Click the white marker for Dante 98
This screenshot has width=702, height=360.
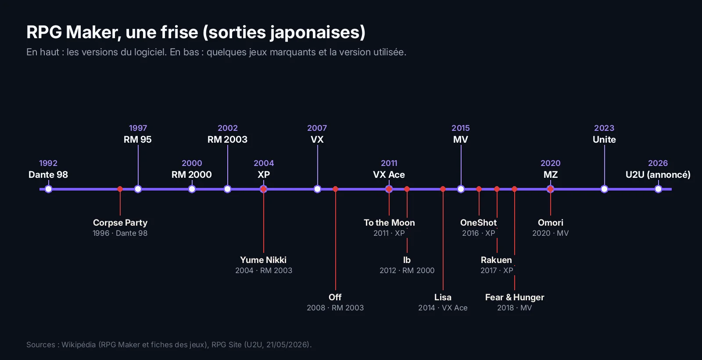[x=48, y=189]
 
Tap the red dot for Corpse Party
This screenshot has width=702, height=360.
[x=120, y=189]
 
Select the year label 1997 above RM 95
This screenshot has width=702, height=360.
[x=138, y=128]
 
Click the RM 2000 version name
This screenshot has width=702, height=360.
[x=191, y=175]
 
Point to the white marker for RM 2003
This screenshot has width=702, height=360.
[x=228, y=189]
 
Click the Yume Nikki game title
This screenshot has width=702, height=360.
[x=263, y=260]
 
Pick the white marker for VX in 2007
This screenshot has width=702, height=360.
[x=318, y=189]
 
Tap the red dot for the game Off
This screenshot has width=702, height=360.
[x=336, y=189]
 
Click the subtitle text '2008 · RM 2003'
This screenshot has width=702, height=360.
[x=335, y=308]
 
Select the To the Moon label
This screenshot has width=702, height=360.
[x=389, y=223]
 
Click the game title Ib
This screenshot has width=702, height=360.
[x=407, y=260]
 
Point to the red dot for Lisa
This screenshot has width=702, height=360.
[x=443, y=189]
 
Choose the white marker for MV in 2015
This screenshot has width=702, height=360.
[x=461, y=189]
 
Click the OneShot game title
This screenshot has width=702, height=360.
[x=479, y=223]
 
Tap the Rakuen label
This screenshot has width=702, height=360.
[x=496, y=260]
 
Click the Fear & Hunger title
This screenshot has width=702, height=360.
[x=515, y=297]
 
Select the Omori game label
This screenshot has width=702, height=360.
[x=551, y=223]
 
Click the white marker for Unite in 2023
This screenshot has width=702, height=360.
[x=605, y=189]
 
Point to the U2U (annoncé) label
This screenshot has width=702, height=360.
[x=658, y=175]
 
